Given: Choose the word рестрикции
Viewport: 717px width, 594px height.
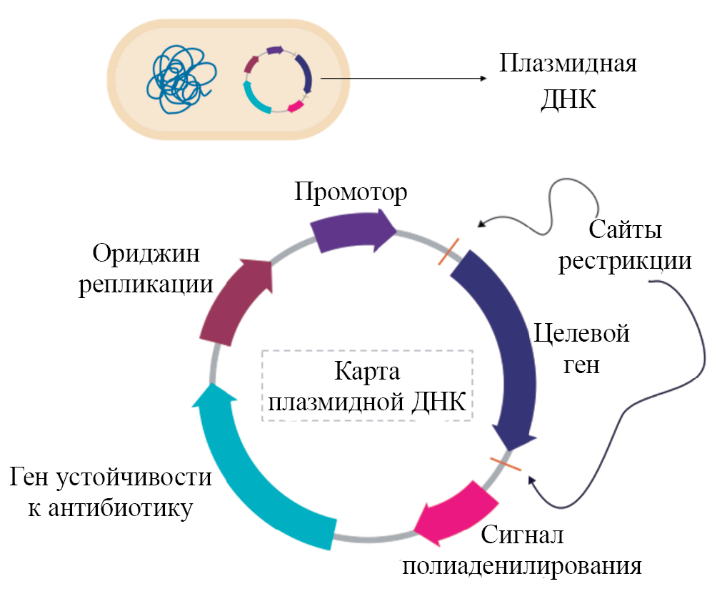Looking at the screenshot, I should coord(626,260).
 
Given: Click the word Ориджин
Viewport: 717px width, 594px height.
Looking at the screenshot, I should coord(148,254).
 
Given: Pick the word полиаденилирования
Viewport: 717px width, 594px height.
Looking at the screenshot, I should coord(522,566).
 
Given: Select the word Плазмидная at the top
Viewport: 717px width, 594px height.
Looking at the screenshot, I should coord(568,64).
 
